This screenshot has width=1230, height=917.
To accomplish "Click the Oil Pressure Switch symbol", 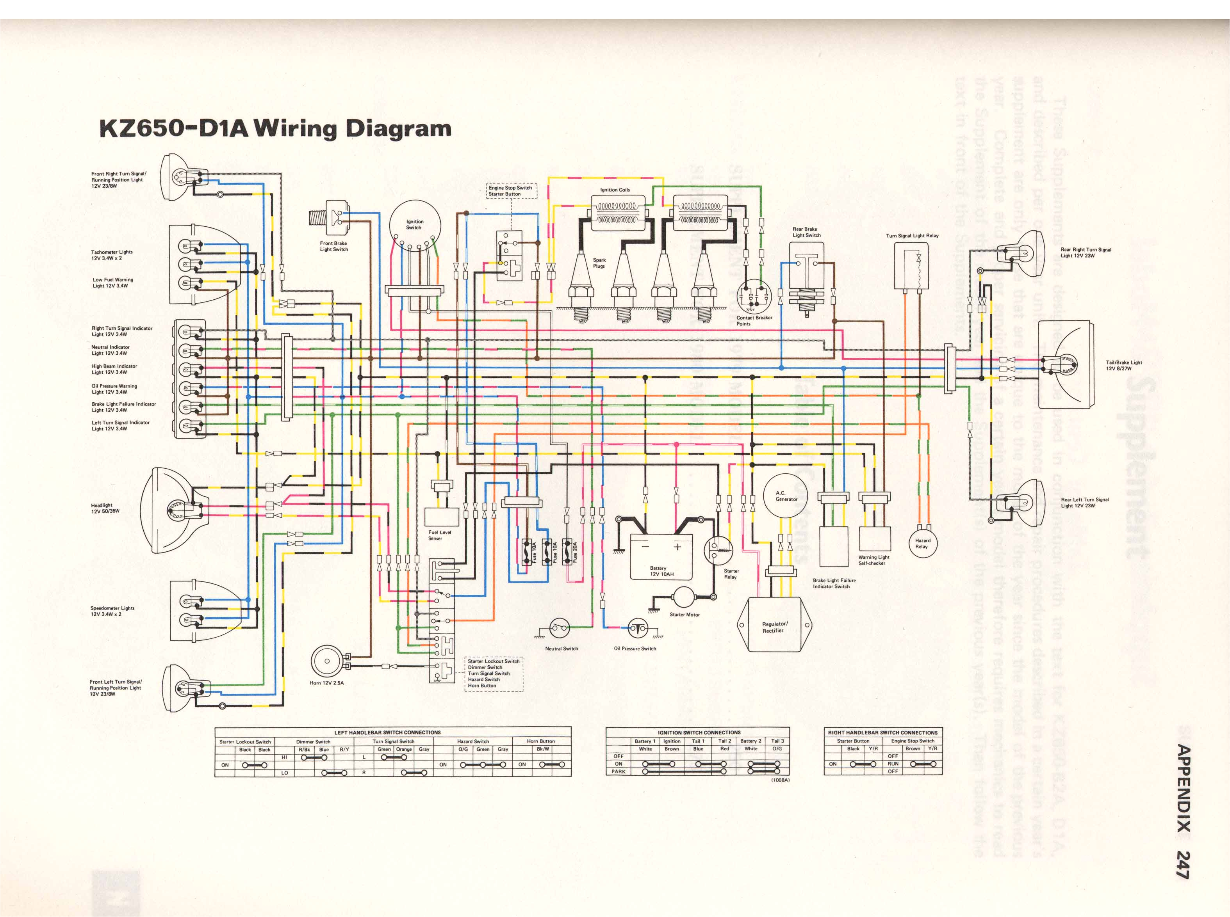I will (x=638, y=628).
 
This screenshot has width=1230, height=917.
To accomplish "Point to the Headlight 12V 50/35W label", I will (x=105, y=508).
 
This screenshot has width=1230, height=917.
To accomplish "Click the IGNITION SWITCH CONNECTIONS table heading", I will (x=699, y=732).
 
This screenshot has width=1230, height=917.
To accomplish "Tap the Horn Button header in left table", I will (x=540, y=741).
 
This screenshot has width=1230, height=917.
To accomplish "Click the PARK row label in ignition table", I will (x=618, y=771).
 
